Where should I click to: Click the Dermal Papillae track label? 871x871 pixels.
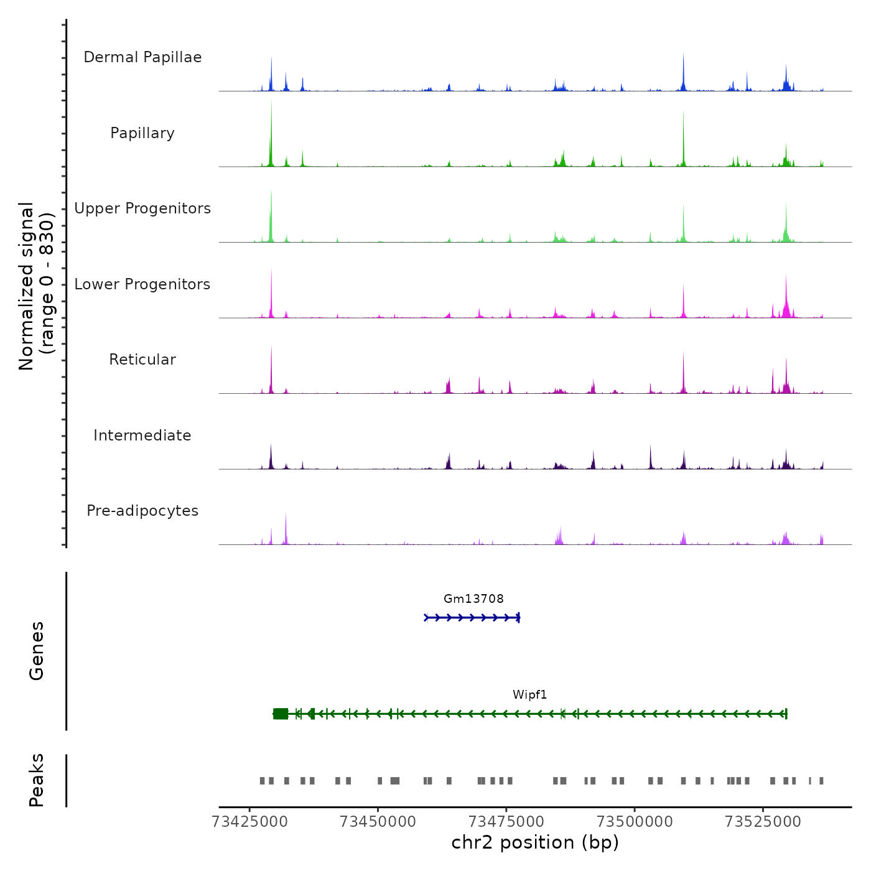point(142,57)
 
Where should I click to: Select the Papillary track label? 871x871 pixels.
point(142,133)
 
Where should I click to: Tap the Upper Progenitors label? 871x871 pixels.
point(142,208)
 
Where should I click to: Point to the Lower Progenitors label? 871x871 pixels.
point(142,284)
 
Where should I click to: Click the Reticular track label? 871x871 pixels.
point(142,360)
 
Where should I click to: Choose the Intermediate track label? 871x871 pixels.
point(142,435)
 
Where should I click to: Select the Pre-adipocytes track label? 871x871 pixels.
point(142,511)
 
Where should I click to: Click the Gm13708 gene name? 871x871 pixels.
point(473,599)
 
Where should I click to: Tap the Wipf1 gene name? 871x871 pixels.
point(529,694)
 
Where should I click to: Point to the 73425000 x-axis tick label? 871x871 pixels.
point(250,821)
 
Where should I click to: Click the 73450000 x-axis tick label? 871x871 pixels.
point(378,821)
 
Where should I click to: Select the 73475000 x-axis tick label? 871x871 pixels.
point(506,821)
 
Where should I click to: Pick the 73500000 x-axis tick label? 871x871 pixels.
point(635,821)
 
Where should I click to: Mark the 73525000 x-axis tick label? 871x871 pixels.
point(763,821)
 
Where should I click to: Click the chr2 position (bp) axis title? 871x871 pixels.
point(535,842)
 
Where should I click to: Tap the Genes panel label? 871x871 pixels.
point(37,651)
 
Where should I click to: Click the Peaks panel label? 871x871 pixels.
point(37,780)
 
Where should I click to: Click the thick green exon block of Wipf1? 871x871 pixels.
point(281,714)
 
